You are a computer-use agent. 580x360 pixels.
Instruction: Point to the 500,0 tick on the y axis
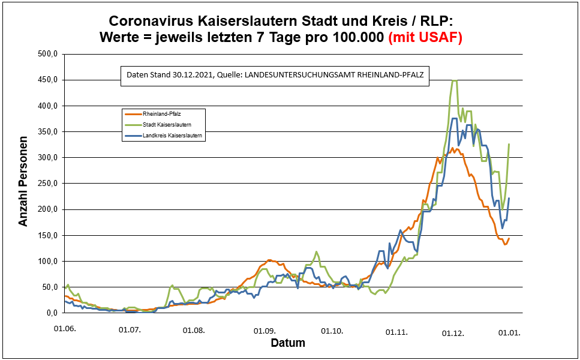pos(47,55)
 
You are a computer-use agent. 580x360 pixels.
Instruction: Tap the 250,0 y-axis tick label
pos(47,184)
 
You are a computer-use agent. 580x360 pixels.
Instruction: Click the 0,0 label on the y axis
pos(50,313)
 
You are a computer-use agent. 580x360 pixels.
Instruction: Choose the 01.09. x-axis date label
pos(265,330)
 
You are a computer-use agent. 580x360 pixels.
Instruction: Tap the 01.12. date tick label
pos(453,332)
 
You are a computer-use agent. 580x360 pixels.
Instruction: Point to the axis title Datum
pos(288,344)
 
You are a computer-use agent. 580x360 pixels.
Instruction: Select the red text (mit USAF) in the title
pos(425,37)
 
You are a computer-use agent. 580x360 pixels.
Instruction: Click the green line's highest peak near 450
pos(454,81)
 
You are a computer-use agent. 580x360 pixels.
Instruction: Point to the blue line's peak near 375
pos(454,119)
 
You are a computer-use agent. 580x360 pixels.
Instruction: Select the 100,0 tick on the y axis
pos(47,261)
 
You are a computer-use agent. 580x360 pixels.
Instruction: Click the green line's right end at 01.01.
pos(509,144)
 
